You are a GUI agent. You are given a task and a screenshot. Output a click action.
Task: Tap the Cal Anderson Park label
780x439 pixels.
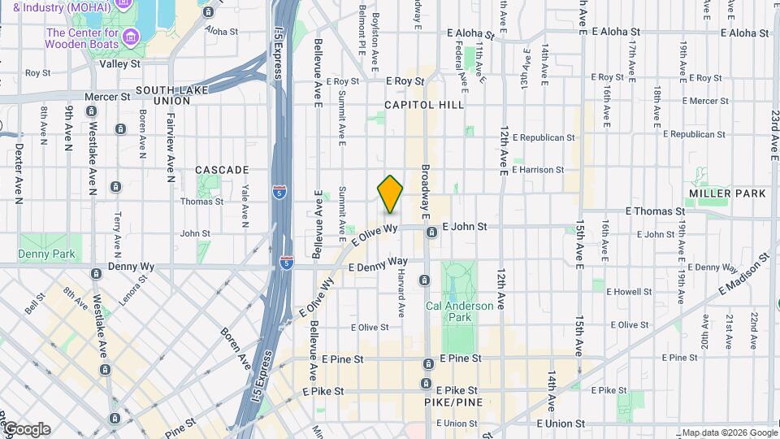[448, 311]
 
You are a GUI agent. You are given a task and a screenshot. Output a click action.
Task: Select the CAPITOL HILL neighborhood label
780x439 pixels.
[424, 105]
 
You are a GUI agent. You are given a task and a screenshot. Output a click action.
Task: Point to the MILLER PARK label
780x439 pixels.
[727, 193]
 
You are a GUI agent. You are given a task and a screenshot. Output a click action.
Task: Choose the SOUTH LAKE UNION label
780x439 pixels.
[174, 90]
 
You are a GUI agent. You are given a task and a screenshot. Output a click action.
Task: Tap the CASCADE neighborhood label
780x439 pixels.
[222, 170]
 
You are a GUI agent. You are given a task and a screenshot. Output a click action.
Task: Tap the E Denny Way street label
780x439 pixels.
[377, 264]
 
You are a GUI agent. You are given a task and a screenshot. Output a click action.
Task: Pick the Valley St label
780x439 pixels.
[119, 63]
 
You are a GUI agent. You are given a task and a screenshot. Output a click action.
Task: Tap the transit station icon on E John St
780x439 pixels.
[432, 233]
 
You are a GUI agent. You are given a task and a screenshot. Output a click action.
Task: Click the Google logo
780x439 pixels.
[27, 429]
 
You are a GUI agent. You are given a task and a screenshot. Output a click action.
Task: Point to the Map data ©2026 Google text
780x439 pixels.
[729, 432]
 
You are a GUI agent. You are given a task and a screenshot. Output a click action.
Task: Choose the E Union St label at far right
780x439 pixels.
[558, 424]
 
